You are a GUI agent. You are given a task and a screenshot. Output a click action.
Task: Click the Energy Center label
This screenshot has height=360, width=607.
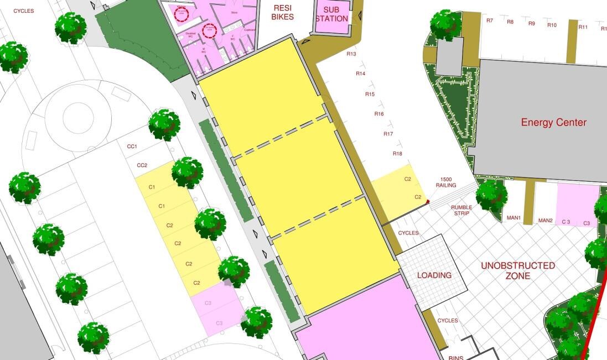(x=553, y=122)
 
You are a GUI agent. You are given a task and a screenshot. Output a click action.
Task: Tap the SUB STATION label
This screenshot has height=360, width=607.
(x=332, y=14)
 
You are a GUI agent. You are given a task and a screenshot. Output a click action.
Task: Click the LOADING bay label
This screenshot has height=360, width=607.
(x=434, y=275)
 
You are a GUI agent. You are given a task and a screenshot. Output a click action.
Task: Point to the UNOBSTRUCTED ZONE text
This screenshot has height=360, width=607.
(x=517, y=270)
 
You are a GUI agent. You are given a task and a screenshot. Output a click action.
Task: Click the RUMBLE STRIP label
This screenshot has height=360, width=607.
(x=461, y=211)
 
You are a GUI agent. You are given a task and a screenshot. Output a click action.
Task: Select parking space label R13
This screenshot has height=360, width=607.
(x=351, y=54)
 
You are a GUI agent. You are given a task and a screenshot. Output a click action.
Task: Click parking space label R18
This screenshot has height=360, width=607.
(x=397, y=153)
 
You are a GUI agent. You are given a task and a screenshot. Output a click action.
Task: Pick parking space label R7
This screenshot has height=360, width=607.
(x=489, y=20)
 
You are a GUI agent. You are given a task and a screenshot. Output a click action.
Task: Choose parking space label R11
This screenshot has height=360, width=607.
(x=583, y=27)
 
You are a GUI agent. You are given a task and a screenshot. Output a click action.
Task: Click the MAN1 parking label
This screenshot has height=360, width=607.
(x=513, y=218)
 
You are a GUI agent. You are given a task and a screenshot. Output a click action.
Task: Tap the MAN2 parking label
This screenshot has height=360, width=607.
(x=546, y=221)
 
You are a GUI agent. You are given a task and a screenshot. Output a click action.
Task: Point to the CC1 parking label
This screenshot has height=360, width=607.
(x=132, y=147)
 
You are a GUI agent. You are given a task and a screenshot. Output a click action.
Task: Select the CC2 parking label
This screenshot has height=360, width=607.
(x=142, y=165)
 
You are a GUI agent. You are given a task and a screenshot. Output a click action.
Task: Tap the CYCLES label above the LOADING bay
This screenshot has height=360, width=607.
(x=408, y=233)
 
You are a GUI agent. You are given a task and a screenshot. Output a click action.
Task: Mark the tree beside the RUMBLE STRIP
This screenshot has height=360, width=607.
(x=491, y=194)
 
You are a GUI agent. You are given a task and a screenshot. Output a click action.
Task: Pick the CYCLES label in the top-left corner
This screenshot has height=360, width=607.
(x=24, y=11)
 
